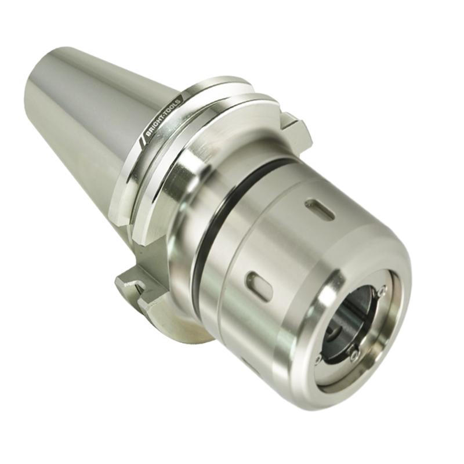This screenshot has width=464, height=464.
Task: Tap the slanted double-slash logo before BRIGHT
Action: tap(142, 139)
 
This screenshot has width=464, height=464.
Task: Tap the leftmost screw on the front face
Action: tap(318, 360)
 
